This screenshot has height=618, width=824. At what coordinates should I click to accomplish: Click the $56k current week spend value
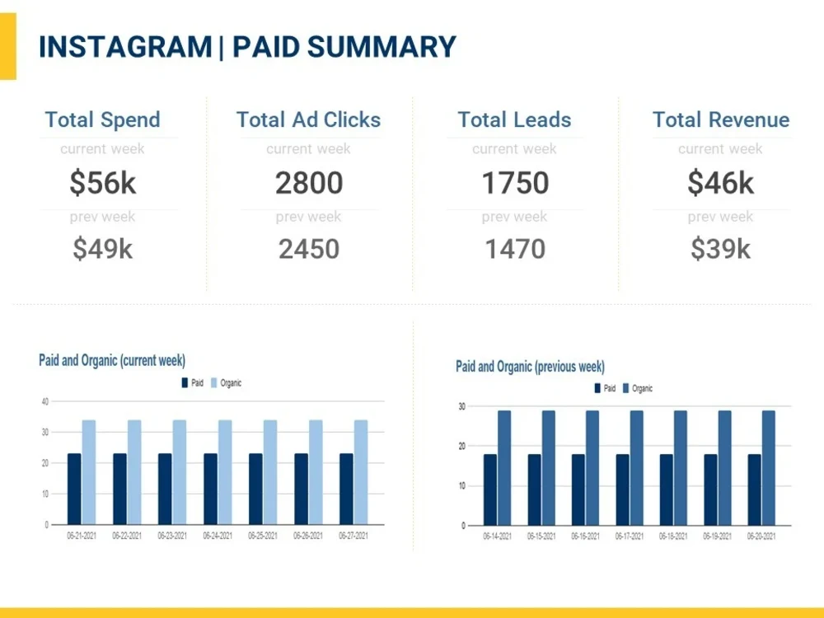tap(103, 183)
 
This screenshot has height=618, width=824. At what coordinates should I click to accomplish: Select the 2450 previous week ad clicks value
tap(309, 249)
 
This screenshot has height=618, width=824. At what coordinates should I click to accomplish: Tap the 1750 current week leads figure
tap(515, 183)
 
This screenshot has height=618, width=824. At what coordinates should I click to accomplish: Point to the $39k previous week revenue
tap(720, 249)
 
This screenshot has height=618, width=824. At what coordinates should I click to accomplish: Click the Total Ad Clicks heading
tap(308, 119)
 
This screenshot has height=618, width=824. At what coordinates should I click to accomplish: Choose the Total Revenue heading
tap(721, 119)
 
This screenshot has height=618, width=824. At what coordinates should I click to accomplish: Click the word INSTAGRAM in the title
tap(125, 47)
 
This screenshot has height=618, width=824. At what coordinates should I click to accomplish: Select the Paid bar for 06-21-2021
tap(74, 489)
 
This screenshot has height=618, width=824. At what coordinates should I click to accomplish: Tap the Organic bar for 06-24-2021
tap(225, 472)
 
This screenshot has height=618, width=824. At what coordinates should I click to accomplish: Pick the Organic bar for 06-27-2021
tap(361, 472)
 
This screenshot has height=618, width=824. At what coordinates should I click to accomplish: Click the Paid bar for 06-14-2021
tap(489, 489)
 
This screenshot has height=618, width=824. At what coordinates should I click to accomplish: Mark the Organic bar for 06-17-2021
tap(636, 468)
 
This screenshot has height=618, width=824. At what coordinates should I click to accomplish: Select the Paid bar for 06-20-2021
tap(754, 489)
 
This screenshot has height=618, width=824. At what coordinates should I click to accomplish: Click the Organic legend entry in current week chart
tap(226, 383)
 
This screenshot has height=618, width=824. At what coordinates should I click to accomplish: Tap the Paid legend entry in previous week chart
tap(605, 388)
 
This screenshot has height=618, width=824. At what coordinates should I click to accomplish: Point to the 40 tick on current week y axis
tap(45, 401)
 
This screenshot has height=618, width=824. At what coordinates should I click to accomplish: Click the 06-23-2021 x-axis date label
tap(172, 536)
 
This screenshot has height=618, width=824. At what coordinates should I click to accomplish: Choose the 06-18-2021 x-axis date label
tap(673, 536)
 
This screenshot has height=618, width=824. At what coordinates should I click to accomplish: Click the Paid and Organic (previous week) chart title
tap(530, 367)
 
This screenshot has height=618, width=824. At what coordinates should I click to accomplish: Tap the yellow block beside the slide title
tap(8, 46)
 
